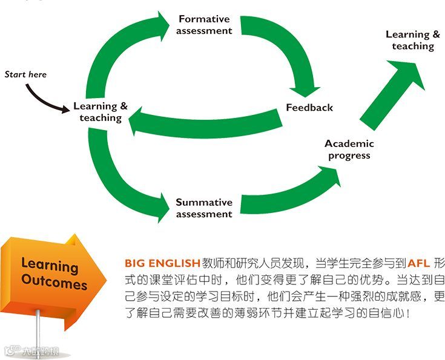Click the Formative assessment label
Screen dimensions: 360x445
click(205, 25)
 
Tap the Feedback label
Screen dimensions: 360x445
click(309, 108)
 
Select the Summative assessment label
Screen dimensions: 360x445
click(204, 208)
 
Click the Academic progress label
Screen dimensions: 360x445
click(349, 149)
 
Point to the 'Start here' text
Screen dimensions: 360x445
click(25, 74)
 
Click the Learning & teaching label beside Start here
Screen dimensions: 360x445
click(101, 112)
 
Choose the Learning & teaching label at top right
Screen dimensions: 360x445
click(413, 40)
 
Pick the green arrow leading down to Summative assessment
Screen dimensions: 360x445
click(121, 182)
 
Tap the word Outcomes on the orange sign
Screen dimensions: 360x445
click(54, 283)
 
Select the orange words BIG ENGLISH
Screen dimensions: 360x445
click(162, 263)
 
